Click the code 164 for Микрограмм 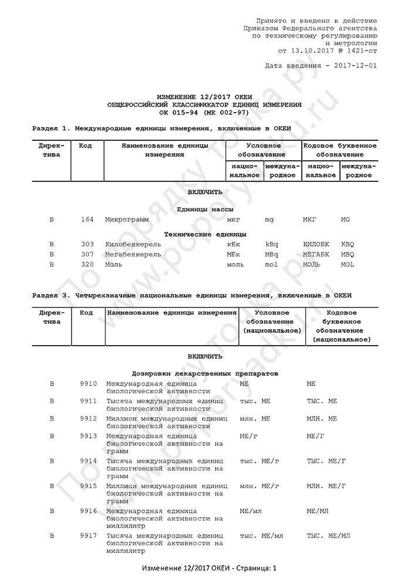(x=87, y=219)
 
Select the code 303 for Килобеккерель (x=87, y=244)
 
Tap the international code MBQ (x=348, y=254)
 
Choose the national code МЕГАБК (x=316, y=254)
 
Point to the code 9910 (x=88, y=383)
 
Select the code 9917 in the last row (x=88, y=536)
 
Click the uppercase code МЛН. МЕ (x=322, y=418)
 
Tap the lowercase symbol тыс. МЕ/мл (x=261, y=536)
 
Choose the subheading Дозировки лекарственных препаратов (x=205, y=373)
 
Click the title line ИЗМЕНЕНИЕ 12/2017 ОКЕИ (x=205, y=96)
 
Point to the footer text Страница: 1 (x=254, y=569)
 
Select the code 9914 (x=88, y=461)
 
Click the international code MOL (x=348, y=265)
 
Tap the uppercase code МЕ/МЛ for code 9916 (x=317, y=511)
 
